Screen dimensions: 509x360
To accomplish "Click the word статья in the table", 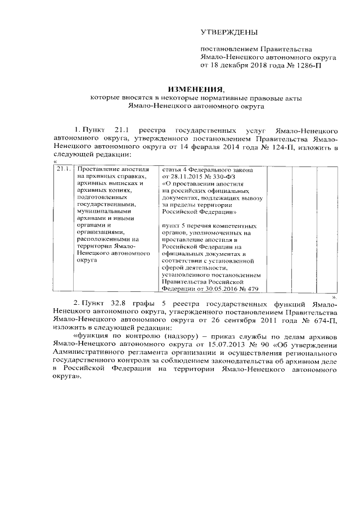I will point(173,169).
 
